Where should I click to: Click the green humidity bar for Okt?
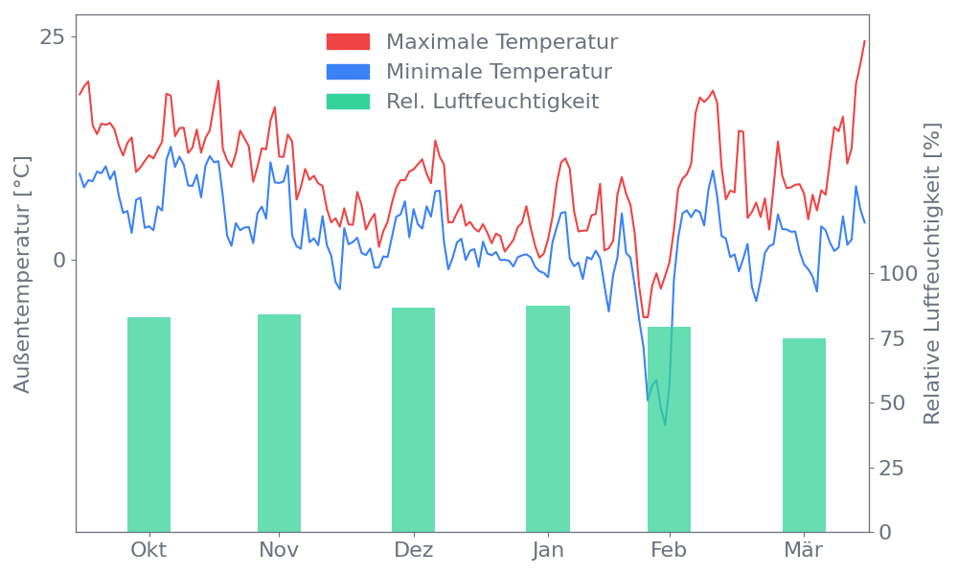(x=148, y=425)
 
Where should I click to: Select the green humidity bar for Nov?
(x=279, y=423)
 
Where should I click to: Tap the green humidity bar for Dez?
(x=413, y=420)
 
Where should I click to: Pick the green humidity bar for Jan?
(x=548, y=419)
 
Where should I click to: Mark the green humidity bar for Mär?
(x=804, y=435)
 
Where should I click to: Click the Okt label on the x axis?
(x=148, y=550)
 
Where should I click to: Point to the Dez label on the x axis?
(x=413, y=550)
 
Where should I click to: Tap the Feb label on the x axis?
(x=669, y=550)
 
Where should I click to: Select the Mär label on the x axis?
(x=804, y=550)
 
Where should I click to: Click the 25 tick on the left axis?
(x=52, y=36)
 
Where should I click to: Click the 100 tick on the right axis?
(x=899, y=274)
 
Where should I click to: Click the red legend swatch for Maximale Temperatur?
(x=348, y=42)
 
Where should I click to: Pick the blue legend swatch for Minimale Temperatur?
(x=348, y=72)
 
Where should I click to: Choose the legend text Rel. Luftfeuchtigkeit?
(x=492, y=101)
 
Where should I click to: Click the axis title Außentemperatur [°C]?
(x=23, y=274)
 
